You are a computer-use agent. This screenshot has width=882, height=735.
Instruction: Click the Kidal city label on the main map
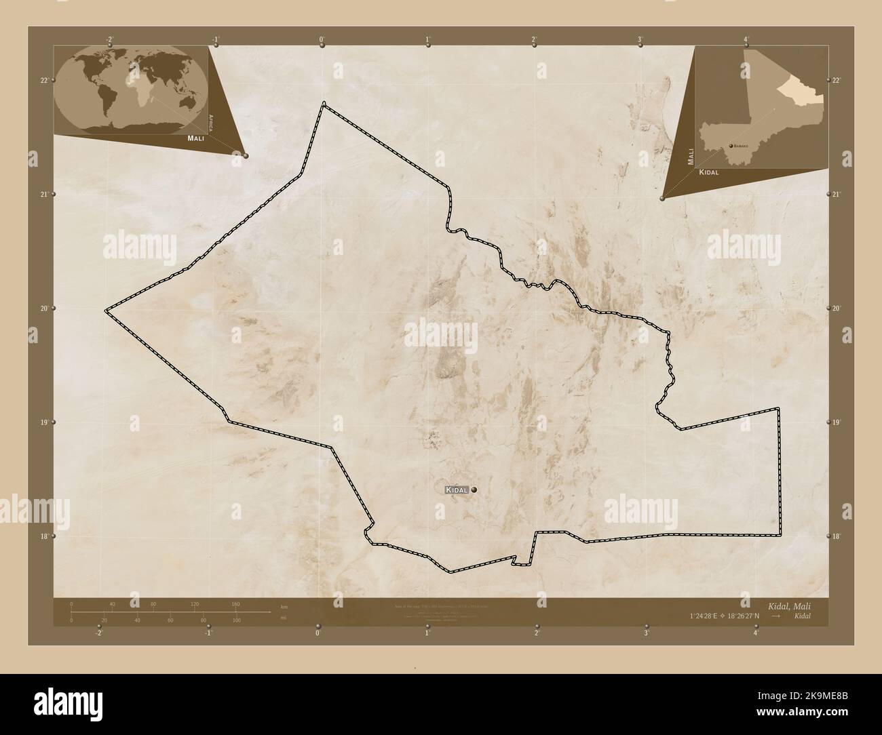(x=457, y=490)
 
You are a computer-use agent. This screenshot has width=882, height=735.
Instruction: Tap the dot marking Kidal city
(x=474, y=490)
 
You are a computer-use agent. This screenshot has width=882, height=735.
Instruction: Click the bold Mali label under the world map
(x=195, y=138)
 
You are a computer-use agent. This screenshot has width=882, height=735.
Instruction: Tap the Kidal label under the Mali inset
(x=706, y=172)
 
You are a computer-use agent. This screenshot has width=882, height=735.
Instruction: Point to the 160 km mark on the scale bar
(x=235, y=603)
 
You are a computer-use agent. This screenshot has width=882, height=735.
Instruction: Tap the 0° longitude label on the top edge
(x=321, y=39)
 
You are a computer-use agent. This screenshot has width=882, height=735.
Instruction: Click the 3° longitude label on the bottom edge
(x=647, y=633)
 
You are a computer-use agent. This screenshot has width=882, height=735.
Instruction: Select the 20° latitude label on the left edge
(x=43, y=309)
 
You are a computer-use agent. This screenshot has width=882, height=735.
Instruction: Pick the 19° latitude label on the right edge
(x=836, y=422)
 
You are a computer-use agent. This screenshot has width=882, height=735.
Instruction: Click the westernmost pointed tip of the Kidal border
(x=106, y=310)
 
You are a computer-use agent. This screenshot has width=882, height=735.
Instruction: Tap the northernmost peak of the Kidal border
(x=324, y=103)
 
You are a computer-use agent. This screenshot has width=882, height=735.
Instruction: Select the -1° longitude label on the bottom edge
(x=208, y=633)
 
